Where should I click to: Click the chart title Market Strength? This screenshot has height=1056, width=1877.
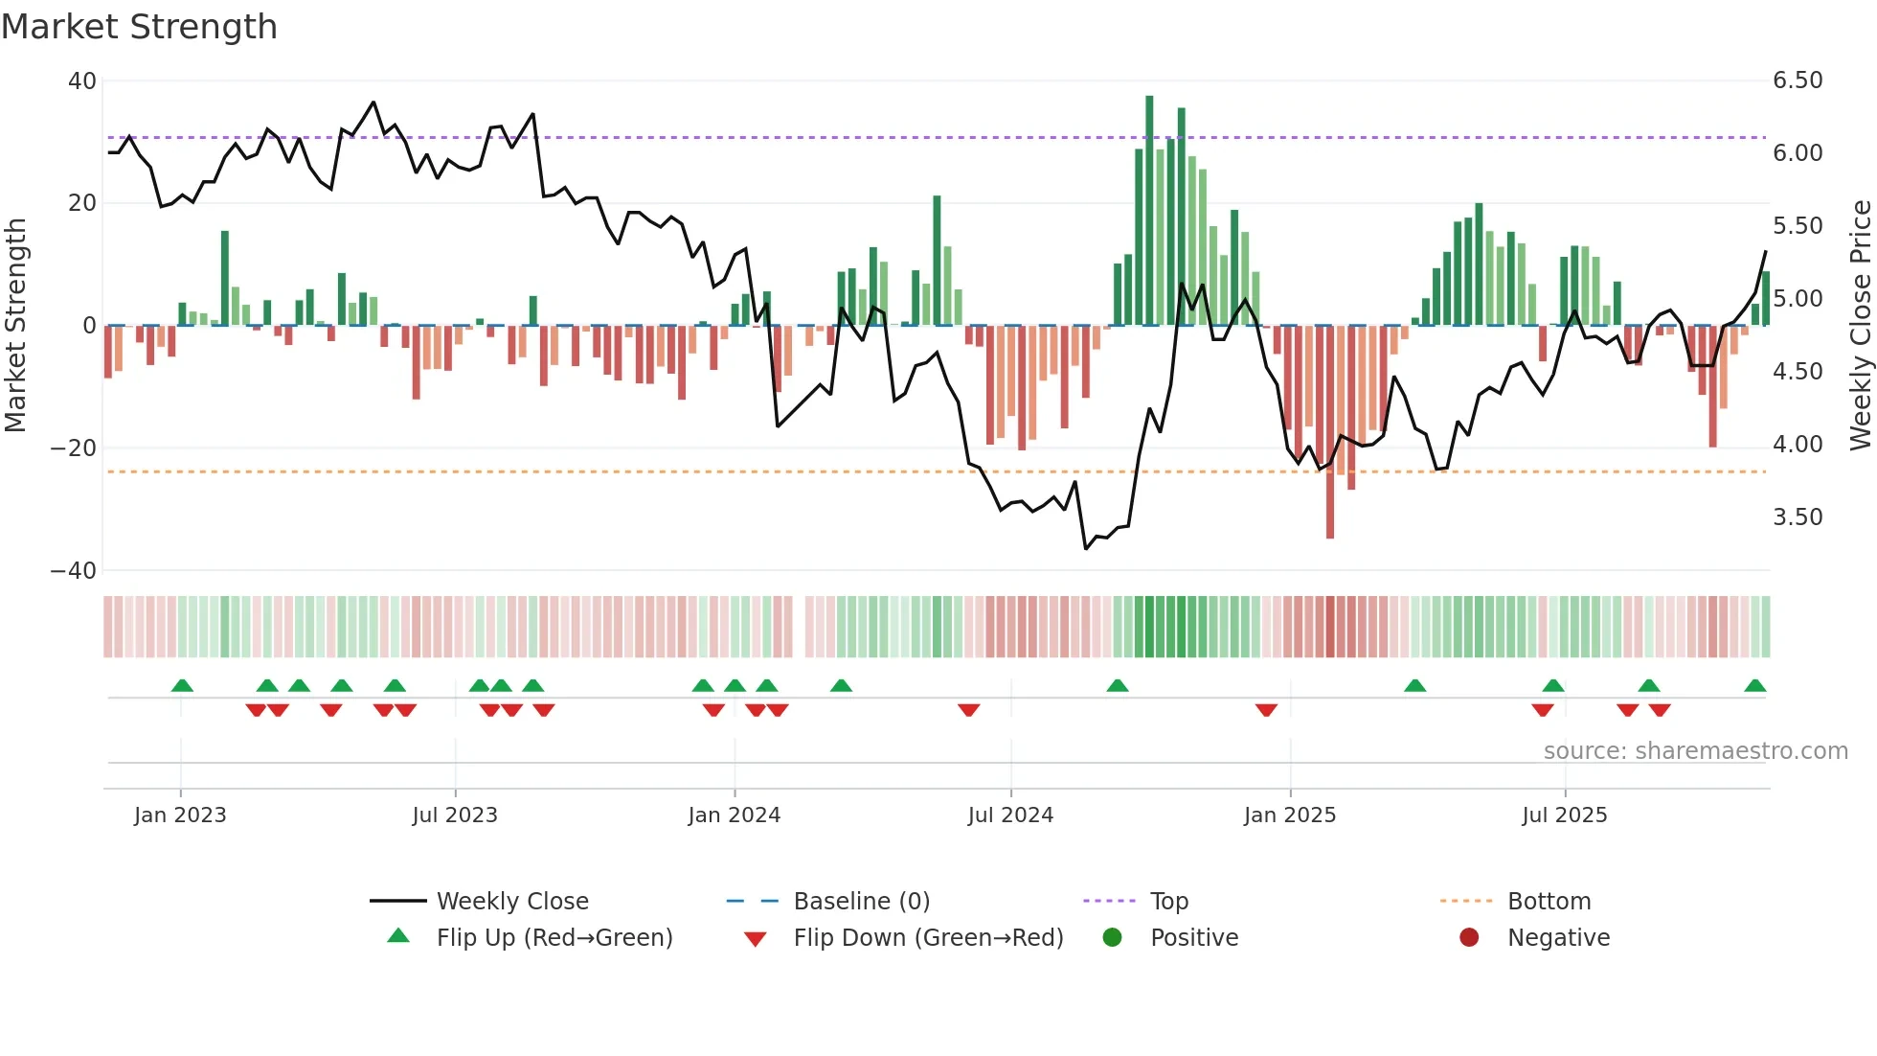click(x=139, y=27)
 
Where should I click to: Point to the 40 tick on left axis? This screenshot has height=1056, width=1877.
click(x=82, y=81)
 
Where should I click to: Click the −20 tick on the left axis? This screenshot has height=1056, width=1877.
click(x=74, y=448)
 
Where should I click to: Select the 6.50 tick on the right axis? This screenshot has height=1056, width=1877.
click(x=1798, y=80)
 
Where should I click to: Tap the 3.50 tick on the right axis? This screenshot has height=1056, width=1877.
click(x=1798, y=517)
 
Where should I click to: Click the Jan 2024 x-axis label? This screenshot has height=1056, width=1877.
click(x=734, y=815)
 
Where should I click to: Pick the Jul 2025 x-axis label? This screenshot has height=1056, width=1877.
click(x=1564, y=815)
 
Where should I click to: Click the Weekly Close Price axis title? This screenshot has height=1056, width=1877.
click(x=1860, y=326)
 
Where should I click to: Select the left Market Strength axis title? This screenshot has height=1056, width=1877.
click(x=16, y=326)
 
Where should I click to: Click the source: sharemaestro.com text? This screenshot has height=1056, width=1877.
click(x=1695, y=751)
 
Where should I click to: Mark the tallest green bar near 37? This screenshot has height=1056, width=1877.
click(x=1149, y=211)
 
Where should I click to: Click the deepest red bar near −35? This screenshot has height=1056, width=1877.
click(x=1330, y=431)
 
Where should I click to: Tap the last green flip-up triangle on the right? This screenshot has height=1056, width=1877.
click(x=1754, y=686)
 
